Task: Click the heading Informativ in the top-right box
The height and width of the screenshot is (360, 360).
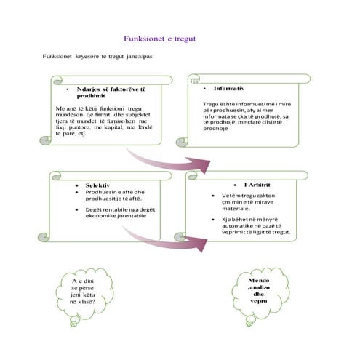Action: [229, 87]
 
